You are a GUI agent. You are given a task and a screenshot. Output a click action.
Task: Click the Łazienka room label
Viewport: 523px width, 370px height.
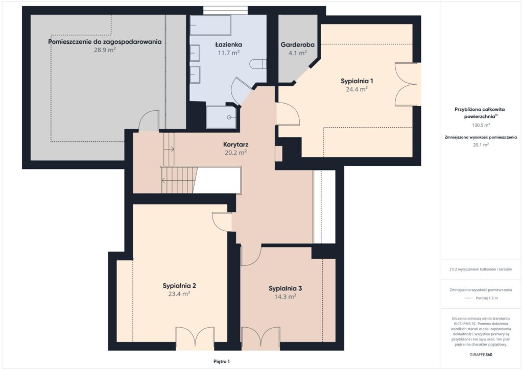pos(228,44)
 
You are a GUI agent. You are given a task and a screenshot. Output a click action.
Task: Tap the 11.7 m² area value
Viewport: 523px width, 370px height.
pos(228,53)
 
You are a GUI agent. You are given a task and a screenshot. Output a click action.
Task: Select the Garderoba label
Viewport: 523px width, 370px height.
pos(298,44)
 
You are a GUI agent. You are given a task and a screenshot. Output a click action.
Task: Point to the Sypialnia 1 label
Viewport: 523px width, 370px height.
pos(356,81)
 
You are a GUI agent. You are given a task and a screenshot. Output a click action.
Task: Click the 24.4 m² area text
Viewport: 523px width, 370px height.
pos(356,89)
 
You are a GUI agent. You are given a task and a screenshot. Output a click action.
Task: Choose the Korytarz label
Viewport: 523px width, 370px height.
pos(235,144)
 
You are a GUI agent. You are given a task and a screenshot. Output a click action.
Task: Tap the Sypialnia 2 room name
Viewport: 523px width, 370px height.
pos(179,286)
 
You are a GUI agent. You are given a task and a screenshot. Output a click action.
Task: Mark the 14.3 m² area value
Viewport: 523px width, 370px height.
pos(285,297)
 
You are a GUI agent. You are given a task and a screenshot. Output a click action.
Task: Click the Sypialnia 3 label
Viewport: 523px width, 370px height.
pos(285,288)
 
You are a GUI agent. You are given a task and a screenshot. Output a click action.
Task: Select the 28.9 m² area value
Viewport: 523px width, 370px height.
pos(105,50)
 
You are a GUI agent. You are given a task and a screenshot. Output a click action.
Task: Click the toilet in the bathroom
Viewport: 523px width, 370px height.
pos(258,64)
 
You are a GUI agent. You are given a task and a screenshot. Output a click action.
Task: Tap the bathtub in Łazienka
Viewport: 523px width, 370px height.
pos(210,25)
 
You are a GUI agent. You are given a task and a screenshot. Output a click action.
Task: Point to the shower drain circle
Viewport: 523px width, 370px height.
pos(229,117)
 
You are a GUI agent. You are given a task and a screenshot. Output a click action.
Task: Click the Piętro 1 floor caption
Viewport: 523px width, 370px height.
pos(222,361)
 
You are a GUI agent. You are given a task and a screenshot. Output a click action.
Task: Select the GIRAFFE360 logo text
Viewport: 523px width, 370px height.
pos(481,355)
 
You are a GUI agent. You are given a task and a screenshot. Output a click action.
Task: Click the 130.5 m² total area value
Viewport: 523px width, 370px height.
pos(481,126)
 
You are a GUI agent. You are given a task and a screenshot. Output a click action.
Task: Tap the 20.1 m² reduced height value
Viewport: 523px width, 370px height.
pos(481,144)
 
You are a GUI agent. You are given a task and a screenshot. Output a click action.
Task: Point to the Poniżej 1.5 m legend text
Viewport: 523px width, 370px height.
pos(487,298)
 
